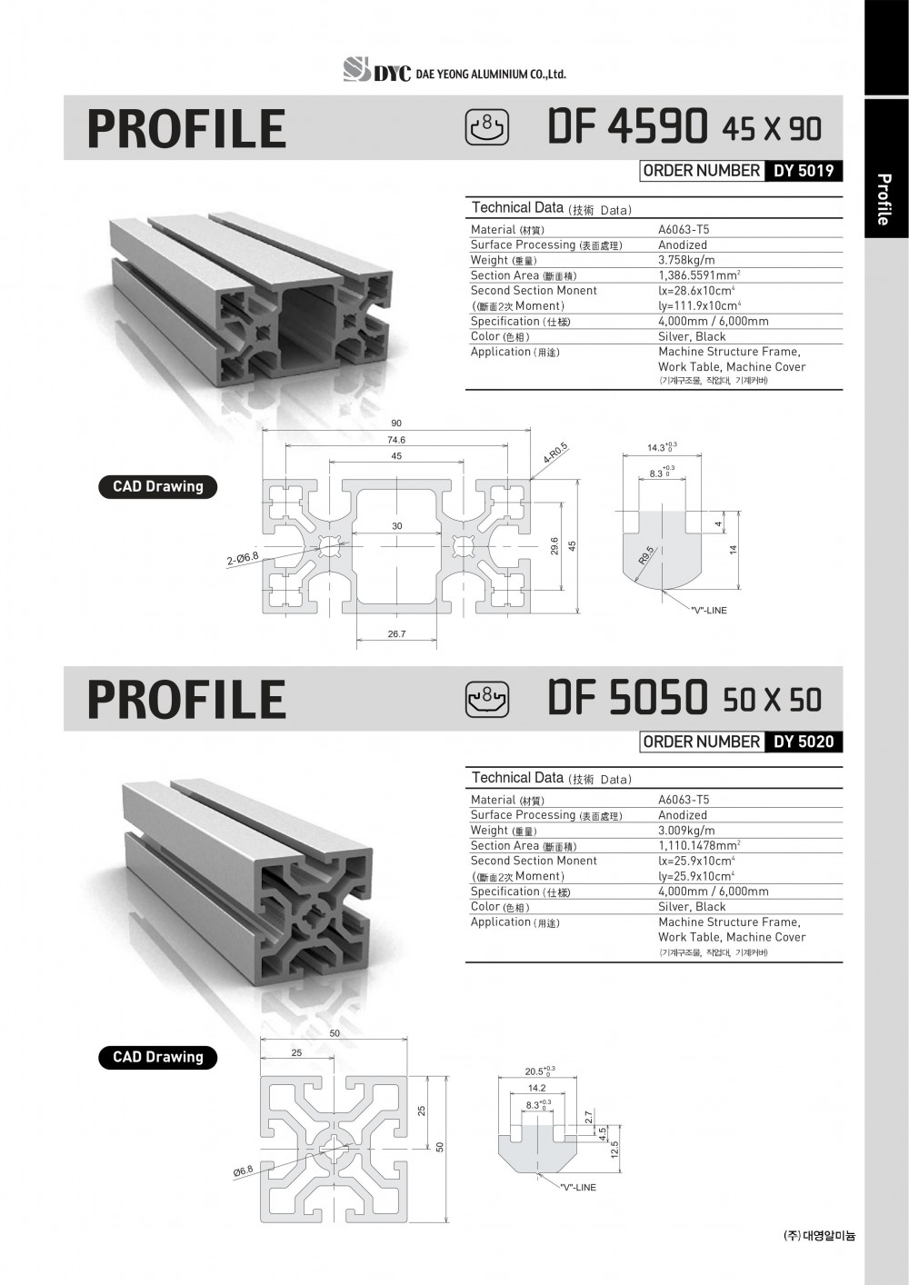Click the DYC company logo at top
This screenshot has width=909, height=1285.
[x=376, y=71]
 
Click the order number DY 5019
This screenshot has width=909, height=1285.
[x=803, y=171]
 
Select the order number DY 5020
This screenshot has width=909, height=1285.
[x=803, y=742]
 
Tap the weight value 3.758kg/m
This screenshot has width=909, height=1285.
[x=686, y=260]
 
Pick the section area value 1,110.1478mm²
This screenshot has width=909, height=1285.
[x=698, y=845]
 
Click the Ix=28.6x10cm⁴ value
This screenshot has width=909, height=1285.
[x=696, y=291]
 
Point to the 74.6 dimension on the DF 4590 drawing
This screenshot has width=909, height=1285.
[x=396, y=440]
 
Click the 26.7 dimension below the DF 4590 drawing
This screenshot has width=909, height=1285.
[x=396, y=634]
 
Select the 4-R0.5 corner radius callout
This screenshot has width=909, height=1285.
[x=555, y=453]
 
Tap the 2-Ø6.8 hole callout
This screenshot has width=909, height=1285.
[x=243, y=558]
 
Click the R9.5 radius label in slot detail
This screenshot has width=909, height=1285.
[x=645, y=555]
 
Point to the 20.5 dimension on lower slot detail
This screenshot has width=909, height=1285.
[x=536, y=1071]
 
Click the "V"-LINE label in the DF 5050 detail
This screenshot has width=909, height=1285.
[x=578, y=1188]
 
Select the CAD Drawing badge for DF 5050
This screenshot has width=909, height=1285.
[x=158, y=1057]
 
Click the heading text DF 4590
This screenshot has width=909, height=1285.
[x=627, y=126]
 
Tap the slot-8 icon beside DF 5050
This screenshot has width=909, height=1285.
[x=488, y=699]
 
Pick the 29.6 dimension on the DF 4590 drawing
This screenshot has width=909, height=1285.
[x=554, y=545]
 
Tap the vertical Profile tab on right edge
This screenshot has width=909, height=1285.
[x=883, y=199]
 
